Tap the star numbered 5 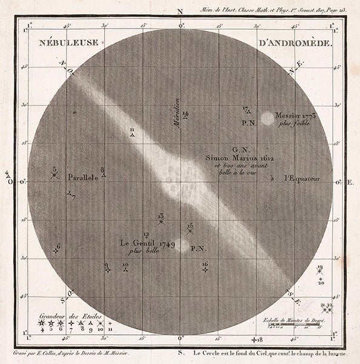pos(55,175)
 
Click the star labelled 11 pos(132,135)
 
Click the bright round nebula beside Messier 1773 pos(267,118)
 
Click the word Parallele pos(83,179)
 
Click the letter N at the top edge pos(179,11)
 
